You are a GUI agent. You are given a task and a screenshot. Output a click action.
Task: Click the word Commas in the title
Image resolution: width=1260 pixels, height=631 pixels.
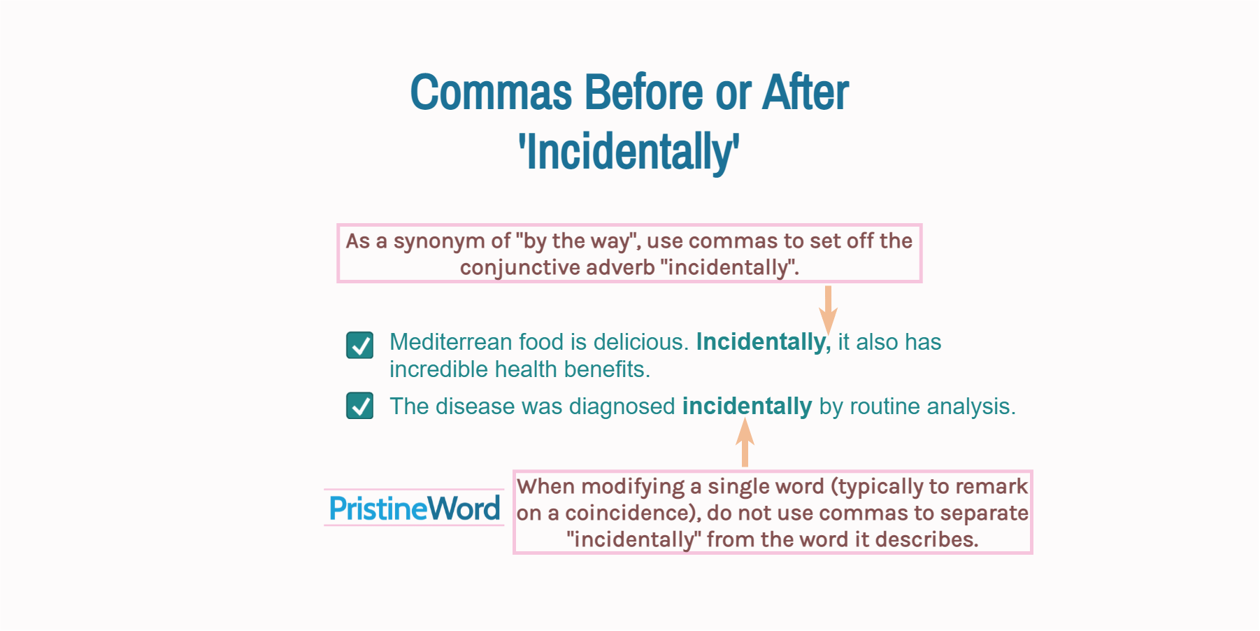(491, 93)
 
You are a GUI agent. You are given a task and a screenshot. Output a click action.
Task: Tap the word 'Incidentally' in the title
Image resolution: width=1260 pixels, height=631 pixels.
(629, 152)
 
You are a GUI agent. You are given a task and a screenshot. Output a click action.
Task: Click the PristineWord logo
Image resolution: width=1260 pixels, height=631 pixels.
(415, 509)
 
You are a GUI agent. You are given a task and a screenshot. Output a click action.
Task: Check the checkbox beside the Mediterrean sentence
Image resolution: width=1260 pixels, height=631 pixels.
(360, 345)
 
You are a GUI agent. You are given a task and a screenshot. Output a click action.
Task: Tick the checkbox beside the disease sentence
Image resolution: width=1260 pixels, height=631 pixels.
(360, 406)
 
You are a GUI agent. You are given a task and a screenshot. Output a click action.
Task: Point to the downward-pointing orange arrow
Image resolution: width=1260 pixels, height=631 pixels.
(828, 309)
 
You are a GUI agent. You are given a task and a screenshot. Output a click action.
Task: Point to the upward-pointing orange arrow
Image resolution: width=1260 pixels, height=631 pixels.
(745, 442)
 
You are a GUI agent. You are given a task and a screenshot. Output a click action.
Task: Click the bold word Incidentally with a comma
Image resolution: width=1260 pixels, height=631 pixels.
(763, 342)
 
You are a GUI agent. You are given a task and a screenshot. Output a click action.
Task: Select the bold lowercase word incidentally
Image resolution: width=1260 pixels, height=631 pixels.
(747, 406)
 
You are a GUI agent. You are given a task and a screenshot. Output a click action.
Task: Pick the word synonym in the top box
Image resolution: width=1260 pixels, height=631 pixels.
(439, 241)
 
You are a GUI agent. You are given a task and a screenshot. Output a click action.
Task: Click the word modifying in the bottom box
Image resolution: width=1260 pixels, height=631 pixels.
(633, 487)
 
